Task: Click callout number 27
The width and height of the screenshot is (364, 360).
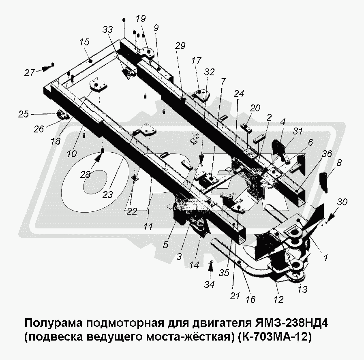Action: (x=30, y=73)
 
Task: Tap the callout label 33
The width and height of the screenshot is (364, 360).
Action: (x=107, y=29)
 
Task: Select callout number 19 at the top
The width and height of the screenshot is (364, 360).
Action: (x=140, y=18)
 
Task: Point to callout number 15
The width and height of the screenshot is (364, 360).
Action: (x=84, y=42)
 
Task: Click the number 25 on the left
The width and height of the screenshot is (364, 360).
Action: (x=24, y=114)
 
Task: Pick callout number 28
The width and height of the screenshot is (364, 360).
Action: (x=85, y=175)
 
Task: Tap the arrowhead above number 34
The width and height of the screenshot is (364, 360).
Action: (x=210, y=267)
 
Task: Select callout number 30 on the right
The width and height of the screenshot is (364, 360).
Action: (x=343, y=202)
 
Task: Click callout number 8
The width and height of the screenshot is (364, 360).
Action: (x=339, y=162)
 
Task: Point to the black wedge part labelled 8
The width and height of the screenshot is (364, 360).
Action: (x=324, y=183)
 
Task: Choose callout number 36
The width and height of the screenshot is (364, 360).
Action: (x=327, y=153)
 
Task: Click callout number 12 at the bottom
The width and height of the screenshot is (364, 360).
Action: (x=278, y=299)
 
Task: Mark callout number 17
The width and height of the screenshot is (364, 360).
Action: (x=196, y=61)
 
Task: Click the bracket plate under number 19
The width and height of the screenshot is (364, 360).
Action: (x=146, y=53)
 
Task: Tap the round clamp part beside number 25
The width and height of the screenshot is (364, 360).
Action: (x=62, y=115)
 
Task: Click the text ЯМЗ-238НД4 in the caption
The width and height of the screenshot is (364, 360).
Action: (x=291, y=323)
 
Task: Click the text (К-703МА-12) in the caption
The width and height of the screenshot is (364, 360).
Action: (x=275, y=337)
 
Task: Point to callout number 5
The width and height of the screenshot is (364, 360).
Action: (x=165, y=245)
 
